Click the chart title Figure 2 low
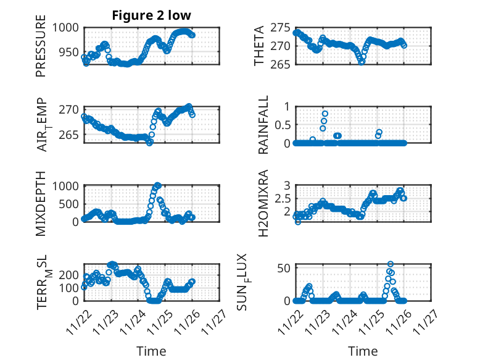click(151, 15)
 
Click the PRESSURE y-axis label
click(41, 49)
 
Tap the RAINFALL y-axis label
click(263, 125)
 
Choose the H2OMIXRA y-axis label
click(263, 203)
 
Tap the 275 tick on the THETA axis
click(282, 28)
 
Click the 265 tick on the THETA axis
click(282, 64)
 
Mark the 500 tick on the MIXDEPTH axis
click(70, 203)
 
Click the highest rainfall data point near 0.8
click(325, 114)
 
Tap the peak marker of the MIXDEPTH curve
click(157, 185)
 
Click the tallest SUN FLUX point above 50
click(390, 264)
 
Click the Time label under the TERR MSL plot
click(151, 351)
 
